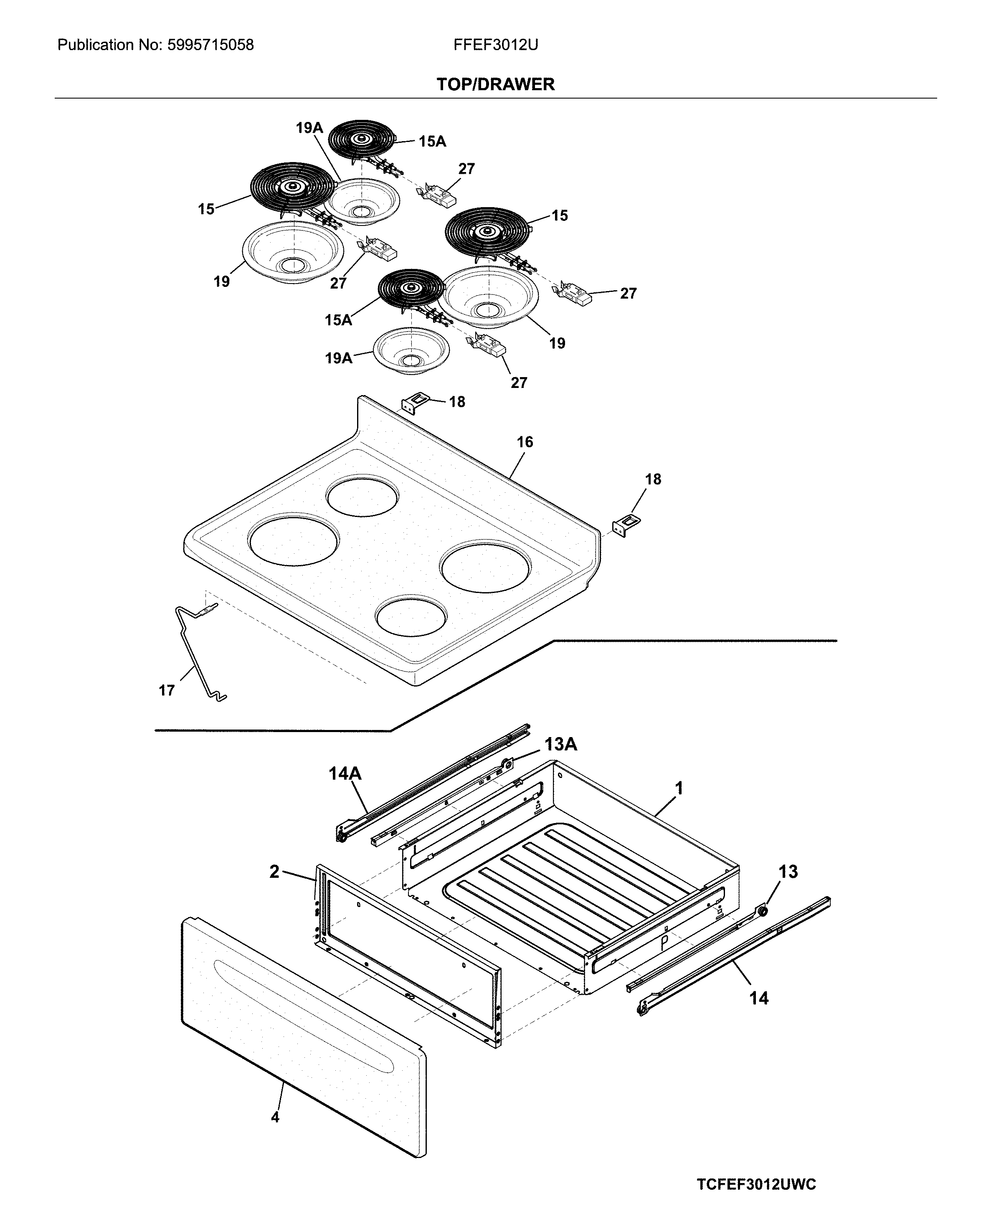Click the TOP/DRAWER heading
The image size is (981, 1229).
pos(495,84)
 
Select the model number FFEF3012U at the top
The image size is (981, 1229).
pos(495,45)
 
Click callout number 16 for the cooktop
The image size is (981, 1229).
pos(525,442)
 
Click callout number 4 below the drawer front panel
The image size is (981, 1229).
pos(275,1117)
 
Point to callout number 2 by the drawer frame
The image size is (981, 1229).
pos(274,872)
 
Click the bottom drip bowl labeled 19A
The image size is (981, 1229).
pos(411,350)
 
